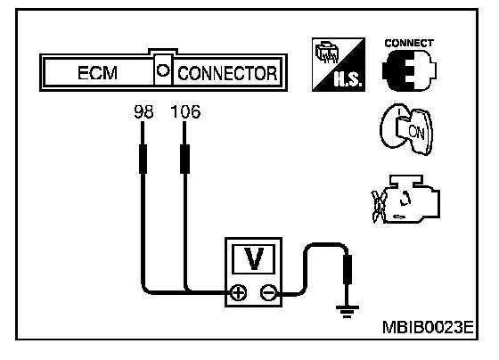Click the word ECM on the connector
click(97, 73)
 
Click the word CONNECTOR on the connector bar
click(227, 73)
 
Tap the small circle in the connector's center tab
click(163, 70)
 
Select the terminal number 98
click(143, 111)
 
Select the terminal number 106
click(185, 111)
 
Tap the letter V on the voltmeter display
click(254, 258)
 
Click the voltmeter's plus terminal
click(239, 292)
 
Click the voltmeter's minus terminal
click(268, 292)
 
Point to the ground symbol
click(348, 312)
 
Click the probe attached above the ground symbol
click(348, 269)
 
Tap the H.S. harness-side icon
click(339, 65)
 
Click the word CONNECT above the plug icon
click(409, 44)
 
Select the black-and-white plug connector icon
click(409, 70)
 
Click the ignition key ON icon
click(406, 129)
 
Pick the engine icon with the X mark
click(405, 199)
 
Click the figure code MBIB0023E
click(428, 327)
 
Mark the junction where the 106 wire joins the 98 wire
click(188, 291)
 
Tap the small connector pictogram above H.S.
click(327, 53)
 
